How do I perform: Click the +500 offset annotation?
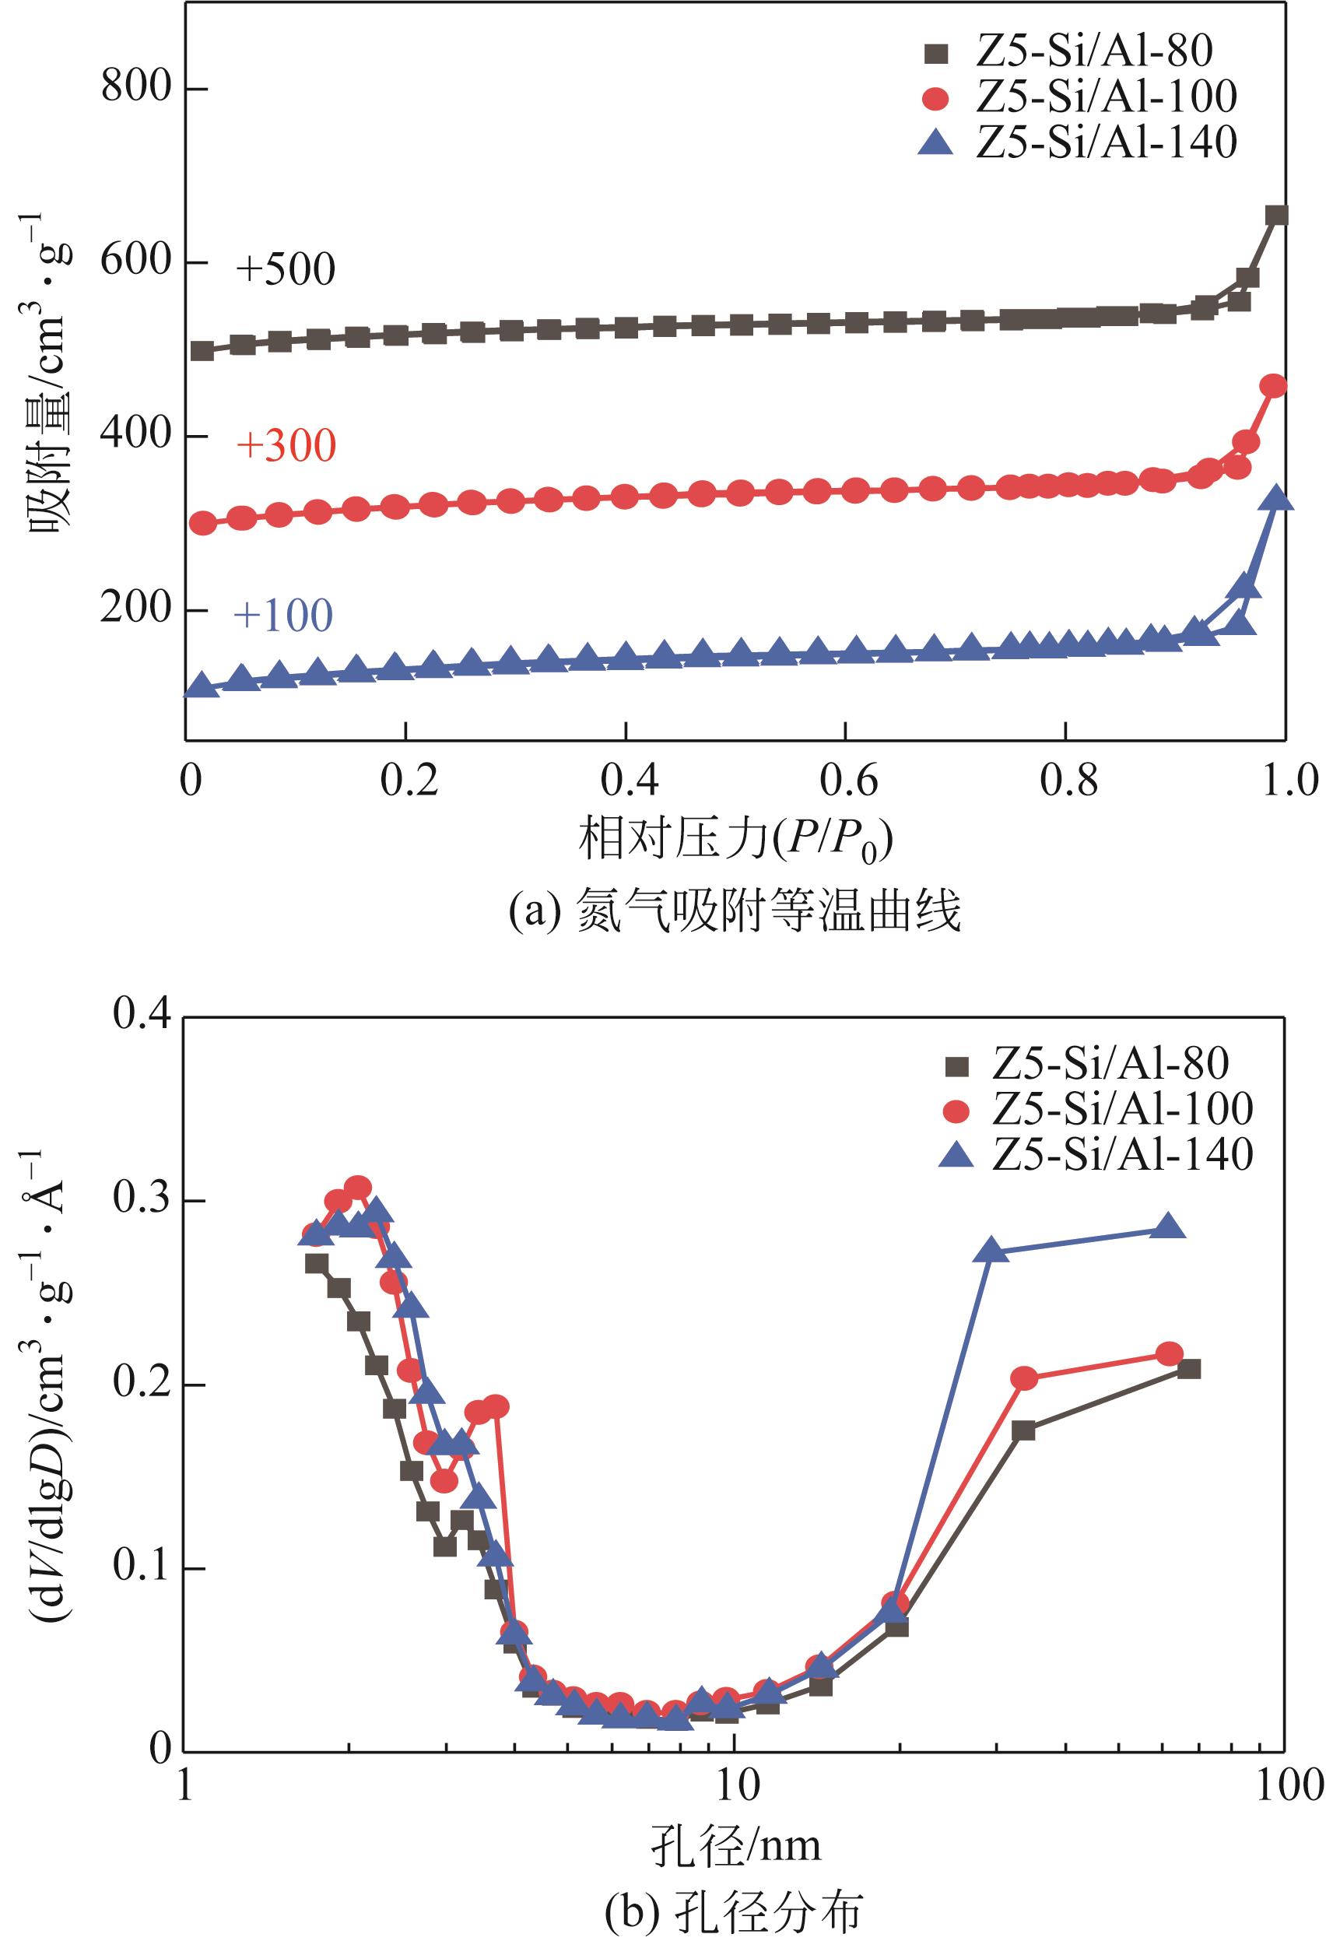tap(286, 270)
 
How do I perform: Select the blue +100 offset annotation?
tap(283, 616)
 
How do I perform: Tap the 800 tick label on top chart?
tap(136, 87)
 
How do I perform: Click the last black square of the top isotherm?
tap(1276, 216)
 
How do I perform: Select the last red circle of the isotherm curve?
tap(1273, 386)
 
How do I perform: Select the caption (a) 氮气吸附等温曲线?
tap(735, 911)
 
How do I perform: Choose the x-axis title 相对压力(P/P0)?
tap(735, 841)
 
